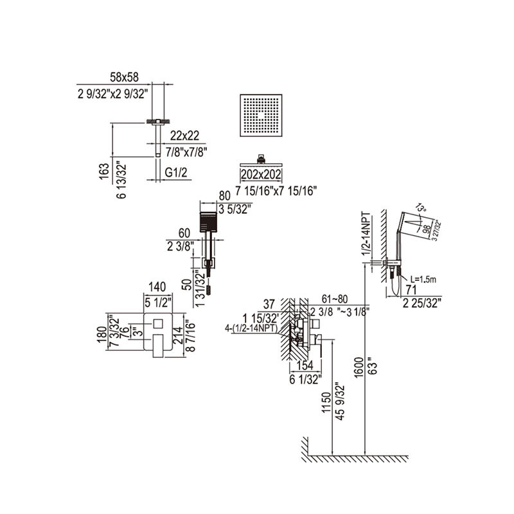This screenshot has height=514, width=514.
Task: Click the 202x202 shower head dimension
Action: click(262, 174)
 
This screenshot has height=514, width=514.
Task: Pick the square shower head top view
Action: click(261, 115)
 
